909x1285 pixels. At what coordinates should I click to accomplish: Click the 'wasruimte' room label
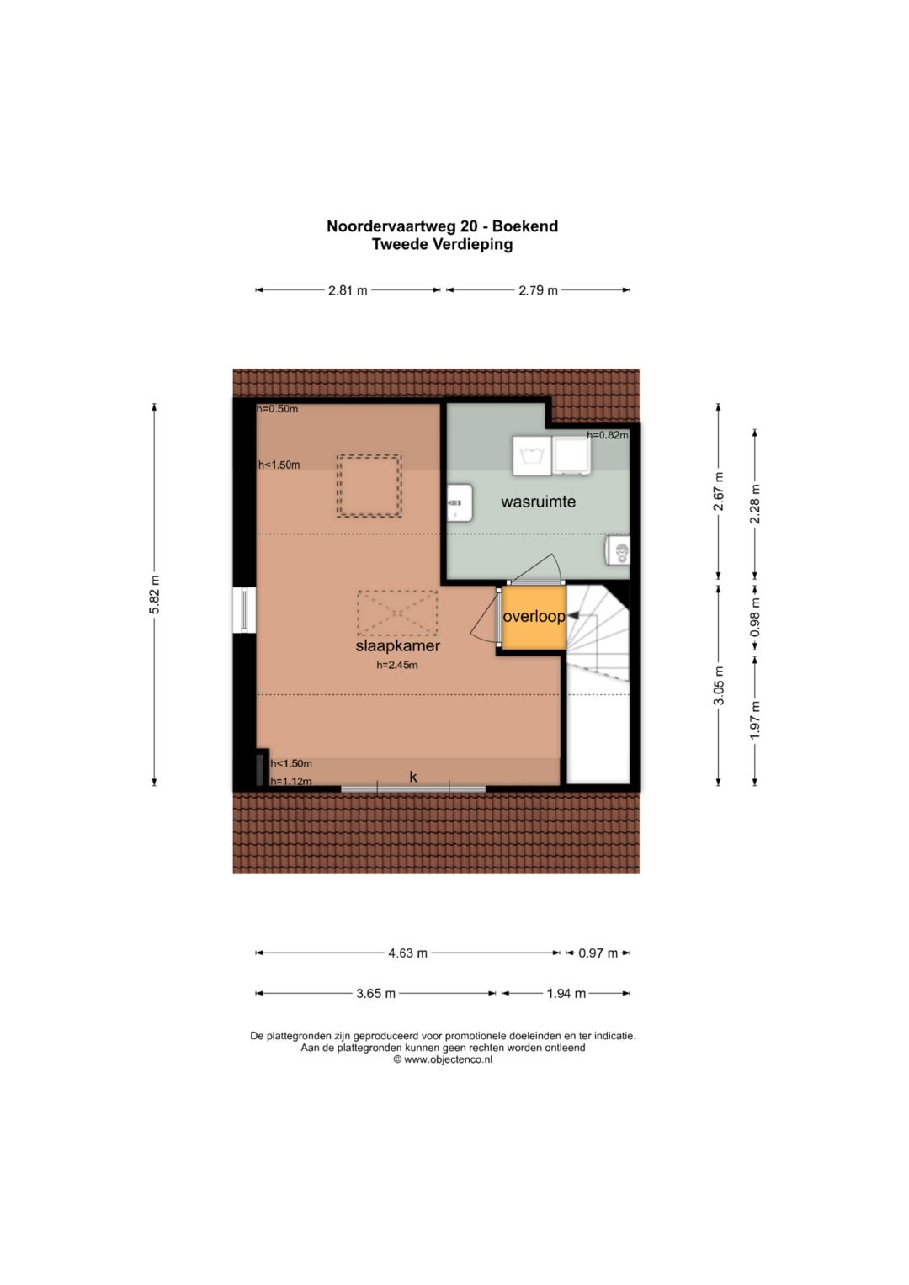click(x=538, y=502)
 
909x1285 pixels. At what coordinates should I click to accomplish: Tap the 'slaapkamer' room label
click(x=397, y=646)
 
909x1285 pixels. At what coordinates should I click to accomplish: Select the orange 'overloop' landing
click(x=534, y=617)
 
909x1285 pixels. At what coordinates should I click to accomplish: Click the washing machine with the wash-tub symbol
click(x=531, y=456)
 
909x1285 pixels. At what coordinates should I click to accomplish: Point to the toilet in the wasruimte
click(x=618, y=550)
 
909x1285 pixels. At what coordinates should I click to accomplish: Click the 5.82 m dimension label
click(x=154, y=594)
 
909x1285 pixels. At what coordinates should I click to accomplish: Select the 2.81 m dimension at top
click(x=347, y=290)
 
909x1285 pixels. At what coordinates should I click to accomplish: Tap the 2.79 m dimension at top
click(x=538, y=290)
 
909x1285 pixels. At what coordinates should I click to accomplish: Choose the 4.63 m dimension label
click(x=407, y=953)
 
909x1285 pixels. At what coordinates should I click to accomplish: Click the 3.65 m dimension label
click(x=375, y=993)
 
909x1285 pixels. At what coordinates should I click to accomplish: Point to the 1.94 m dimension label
click(x=566, y=993)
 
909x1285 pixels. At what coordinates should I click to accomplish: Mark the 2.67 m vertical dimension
click(x=719, y=491)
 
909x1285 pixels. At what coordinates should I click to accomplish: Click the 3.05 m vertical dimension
click(x=719, y=685)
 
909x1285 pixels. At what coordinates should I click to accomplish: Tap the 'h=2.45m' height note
click(x=397, y=666)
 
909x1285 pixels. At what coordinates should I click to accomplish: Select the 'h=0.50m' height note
click(x=278, y=409)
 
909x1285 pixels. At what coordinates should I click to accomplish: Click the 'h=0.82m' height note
click(x=607, y=435)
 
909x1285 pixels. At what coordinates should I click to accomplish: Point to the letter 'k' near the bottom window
click(x=413, y=777)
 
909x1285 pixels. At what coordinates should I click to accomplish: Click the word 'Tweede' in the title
click(x=400, y=244)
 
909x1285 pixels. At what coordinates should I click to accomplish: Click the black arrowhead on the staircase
click(x=572, y=615)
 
